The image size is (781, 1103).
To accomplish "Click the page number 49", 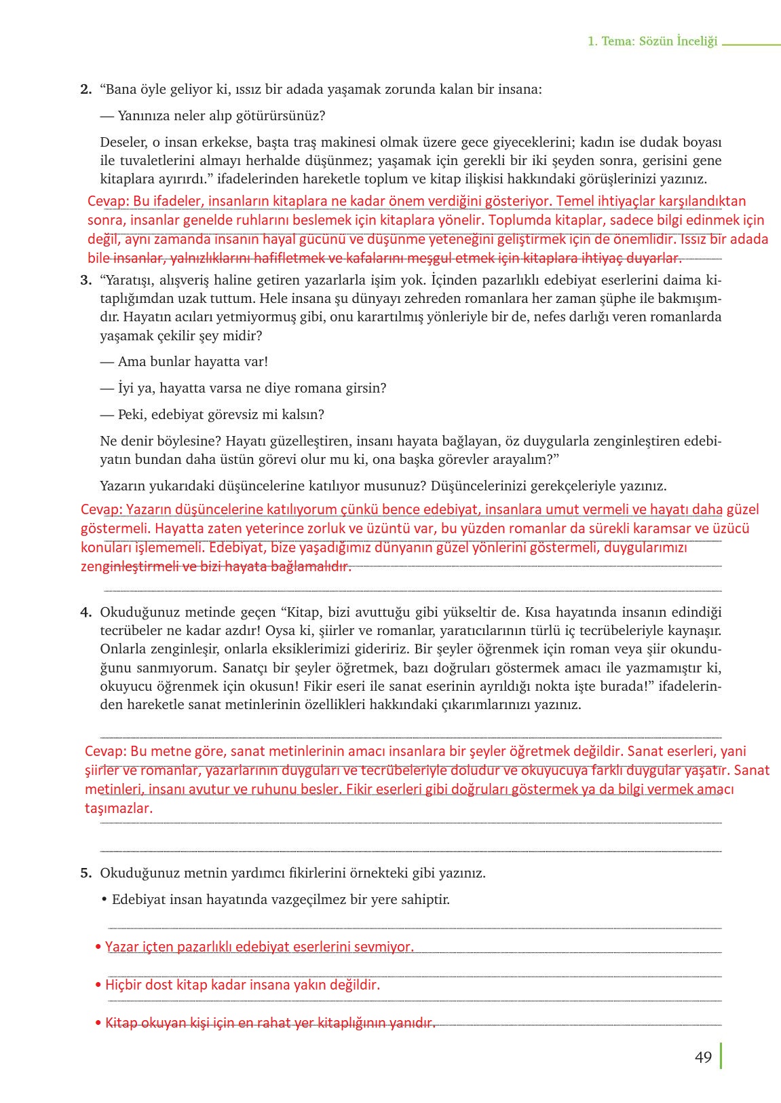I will pos(703,1057).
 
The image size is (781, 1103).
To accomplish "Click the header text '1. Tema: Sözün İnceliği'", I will pos(652,41).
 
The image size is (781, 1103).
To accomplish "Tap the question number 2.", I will pos(85,89).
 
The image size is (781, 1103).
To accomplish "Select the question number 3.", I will pos(85,280).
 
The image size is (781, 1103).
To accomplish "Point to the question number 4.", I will pos(85,612).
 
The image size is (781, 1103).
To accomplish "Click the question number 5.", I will pos(85,873).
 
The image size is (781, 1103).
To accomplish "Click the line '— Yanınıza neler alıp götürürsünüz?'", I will pos(212,115).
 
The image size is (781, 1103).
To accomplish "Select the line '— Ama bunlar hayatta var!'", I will pos(184,361).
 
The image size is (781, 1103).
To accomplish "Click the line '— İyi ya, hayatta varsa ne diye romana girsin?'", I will pos(243,388).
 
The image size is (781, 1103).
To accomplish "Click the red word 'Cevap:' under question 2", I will pos(109,201).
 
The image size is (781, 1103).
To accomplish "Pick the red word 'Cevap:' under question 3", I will pos(101,509).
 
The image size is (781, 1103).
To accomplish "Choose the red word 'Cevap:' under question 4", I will pos(106,751).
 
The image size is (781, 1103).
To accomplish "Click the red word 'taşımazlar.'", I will pos(119,808).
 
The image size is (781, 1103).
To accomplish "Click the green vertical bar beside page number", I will pos(721,1056).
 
